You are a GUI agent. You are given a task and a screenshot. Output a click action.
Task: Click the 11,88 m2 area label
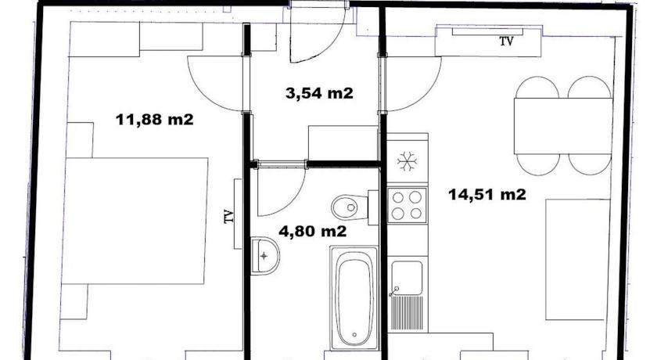pyautogui.click(x=155, y=120)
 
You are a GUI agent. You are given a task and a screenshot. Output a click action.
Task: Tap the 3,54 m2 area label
pyautogui.click(x=319, y=93)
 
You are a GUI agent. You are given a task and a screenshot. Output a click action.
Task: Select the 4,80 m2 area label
pyautogui.click(x=313, y=231)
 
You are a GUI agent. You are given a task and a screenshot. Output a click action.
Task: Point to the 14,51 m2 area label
pyautogui.click(x=486, y=194)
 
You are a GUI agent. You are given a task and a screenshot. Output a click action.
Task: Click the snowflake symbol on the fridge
pyautogui.click(x=407, y=161)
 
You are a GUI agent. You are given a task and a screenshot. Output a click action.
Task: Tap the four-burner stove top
pyautogui.click(x=407, y=205)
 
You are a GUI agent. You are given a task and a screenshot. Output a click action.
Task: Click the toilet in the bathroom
pyautogui.click(x=354, y=207)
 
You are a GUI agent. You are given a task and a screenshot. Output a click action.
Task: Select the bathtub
pyautogui.click(x=354, y=297)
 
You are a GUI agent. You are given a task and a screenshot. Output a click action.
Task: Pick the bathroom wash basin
pyautogui.click(x=265, y=255)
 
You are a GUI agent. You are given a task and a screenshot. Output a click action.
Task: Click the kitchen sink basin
pyautogui.click(x=407, y=278)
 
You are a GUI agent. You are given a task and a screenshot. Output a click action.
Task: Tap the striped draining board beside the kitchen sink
pyautogui.click(x=407, y=312)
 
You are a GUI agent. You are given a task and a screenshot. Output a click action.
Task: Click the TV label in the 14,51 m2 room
pyautogui.click(x=506, y=41)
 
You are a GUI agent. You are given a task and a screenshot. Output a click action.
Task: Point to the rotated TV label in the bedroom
pyautogui.click(x=228, y=216)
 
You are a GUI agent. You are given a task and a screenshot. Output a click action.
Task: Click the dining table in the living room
pyautogui.click(x=563, y=126)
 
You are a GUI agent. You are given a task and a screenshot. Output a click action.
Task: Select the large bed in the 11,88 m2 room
pyautogui.click(x=135, y=221)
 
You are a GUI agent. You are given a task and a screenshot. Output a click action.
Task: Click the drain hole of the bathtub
pyautogui.click(x=354, y=334)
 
